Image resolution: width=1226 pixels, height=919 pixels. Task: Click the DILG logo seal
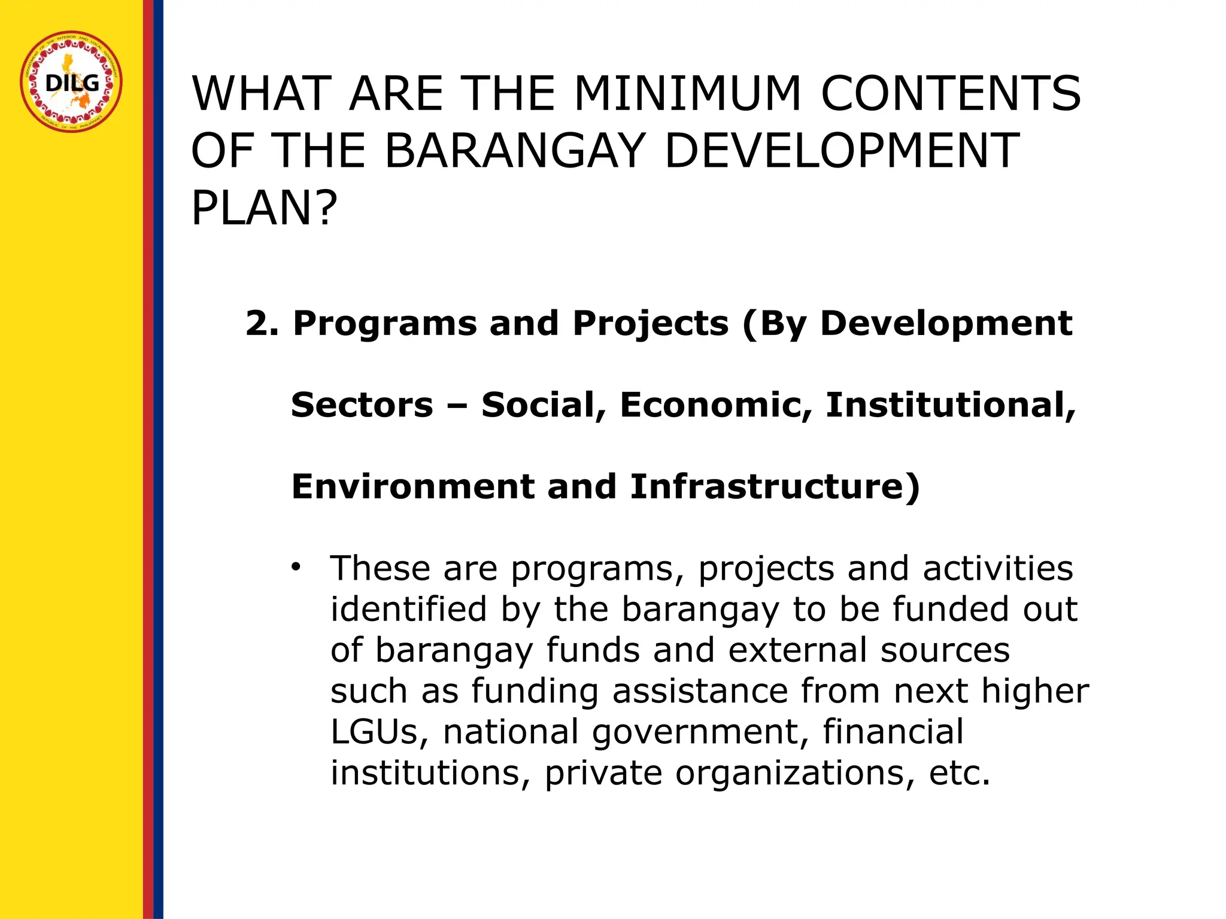click(x=71, y=82)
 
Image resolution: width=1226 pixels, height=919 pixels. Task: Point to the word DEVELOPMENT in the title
click(x=842, y=151)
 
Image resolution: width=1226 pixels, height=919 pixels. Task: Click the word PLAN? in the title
click(x=264, y=208)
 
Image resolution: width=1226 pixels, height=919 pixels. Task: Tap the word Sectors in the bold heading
click(x=362, y=405)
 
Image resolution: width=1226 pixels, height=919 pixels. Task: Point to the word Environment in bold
click(x=412, y=486)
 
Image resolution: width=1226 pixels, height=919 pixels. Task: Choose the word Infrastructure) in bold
click(x=775, y=486)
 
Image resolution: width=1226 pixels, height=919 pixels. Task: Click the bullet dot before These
click(x=295, y=567)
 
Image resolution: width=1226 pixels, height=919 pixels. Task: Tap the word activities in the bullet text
click(x=998, y=568)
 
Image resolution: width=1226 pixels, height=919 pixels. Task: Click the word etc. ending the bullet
click(x=960, y=773)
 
